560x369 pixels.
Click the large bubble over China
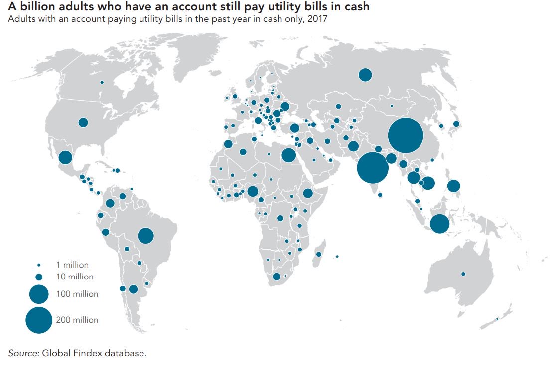tap(405, 135)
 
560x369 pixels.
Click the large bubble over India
tap(373, 168)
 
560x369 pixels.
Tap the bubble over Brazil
tap(145, 236)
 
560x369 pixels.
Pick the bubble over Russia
tap(365, 75)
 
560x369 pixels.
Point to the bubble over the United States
tap(83, 122)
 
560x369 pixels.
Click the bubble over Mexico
tap(65, 158)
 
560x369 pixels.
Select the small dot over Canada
tap(102, 82)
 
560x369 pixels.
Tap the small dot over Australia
tap(463, 274)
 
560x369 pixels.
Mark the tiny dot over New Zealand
tap(497, 319)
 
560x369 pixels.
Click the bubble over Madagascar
tap(319, 255)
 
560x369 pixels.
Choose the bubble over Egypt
tap(288, 155)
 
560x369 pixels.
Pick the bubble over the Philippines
tap(453, 186)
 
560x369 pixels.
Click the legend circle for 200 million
tap(39, 320)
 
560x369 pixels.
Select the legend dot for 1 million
tap(39, 265)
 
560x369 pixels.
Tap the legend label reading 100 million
tap(78, 294)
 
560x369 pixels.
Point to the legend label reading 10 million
tap(75, 277)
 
